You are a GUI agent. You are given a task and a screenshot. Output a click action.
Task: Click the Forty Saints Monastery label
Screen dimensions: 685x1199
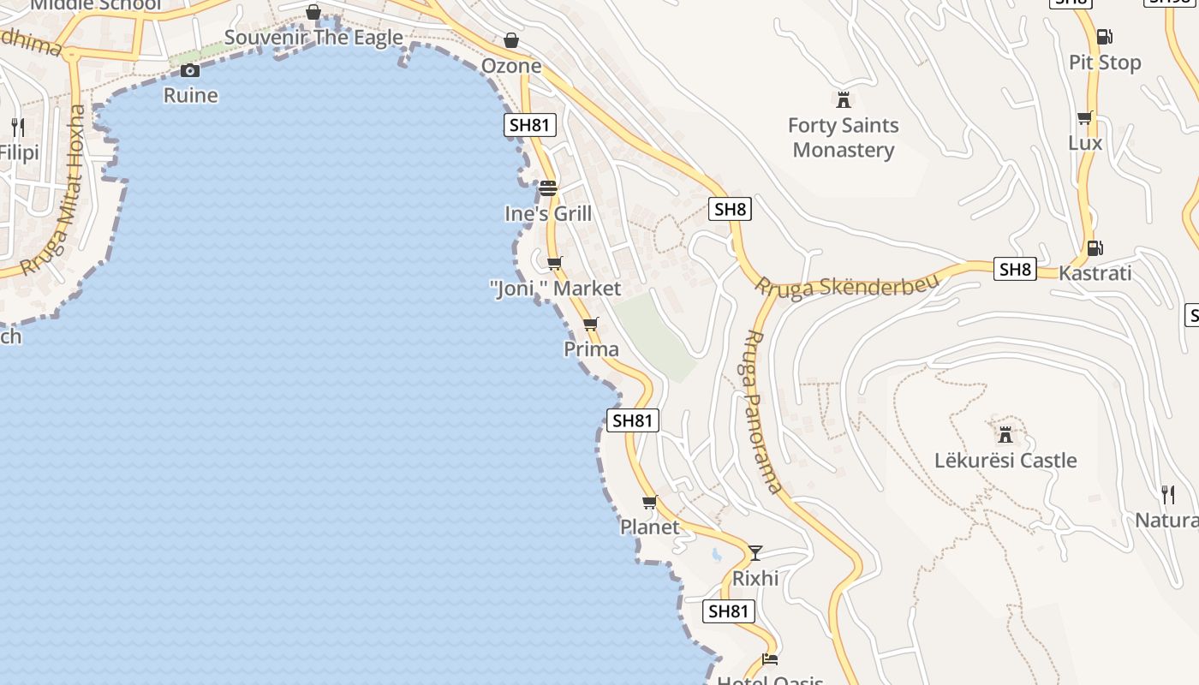point(843,138)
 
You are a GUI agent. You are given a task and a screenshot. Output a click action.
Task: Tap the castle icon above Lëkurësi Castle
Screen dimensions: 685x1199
point(1005,433)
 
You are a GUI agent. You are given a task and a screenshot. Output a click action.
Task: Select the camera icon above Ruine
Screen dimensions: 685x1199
point(190,70)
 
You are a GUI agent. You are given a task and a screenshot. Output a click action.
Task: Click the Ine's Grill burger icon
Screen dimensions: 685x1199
point(548,188)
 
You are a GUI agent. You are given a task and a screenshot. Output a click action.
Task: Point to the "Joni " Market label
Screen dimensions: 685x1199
point(555,289)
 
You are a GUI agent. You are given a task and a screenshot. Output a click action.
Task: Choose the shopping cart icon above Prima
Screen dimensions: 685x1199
point(590,324)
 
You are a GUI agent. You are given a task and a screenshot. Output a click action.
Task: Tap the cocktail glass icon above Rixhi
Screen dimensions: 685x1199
point(755,552)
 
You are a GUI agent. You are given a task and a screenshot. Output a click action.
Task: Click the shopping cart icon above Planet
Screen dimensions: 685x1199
point(649,502)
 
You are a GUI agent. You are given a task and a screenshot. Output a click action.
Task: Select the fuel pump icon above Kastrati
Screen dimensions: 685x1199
point(1095,248)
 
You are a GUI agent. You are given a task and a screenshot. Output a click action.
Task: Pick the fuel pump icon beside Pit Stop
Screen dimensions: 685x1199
point(1104,37)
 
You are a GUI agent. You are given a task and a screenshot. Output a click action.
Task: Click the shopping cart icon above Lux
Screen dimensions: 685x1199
point(1084,117)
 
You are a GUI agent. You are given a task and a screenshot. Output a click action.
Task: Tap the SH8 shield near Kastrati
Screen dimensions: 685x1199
point(1015,270)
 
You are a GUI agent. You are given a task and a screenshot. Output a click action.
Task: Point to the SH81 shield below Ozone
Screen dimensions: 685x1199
point(528,125)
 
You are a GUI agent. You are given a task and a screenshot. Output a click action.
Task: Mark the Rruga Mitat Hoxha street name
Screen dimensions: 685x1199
point(55,190)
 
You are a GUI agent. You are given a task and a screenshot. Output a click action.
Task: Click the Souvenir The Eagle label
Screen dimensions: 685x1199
point(313,38)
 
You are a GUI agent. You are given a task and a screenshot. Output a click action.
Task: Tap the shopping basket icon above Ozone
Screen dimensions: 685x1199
point(511,39)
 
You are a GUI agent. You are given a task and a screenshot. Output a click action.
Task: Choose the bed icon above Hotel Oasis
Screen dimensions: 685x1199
point(769,658)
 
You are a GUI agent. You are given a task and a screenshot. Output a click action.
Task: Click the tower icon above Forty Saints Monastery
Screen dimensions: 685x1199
point(844,99)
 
